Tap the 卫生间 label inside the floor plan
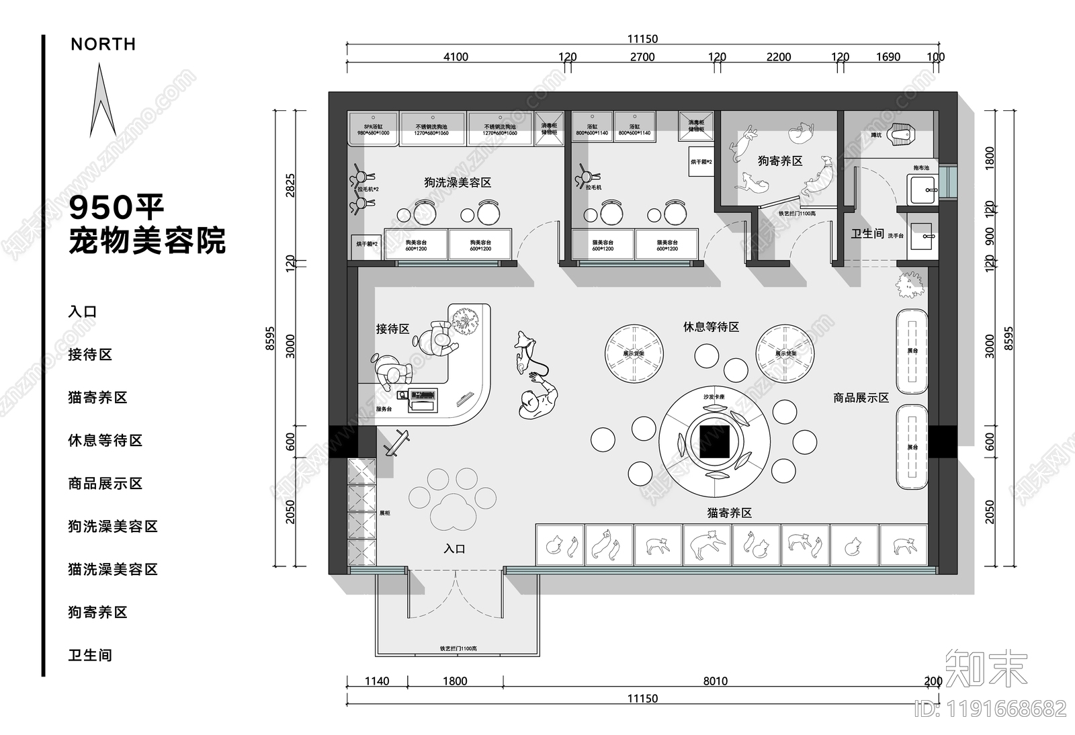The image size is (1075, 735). click(x=867, y=234)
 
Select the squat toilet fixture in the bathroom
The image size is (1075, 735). click(x=901, y=136)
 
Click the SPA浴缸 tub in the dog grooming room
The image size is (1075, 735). click(x=373, y=129)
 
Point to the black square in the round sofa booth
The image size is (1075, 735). click(x=714, y=442)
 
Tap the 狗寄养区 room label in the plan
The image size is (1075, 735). click(x=779, y=161)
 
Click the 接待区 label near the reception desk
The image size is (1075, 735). click(x=392, y=329)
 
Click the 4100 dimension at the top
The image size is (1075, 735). click(x=455, y=57)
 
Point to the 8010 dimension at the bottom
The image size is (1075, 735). click(x=715, y=681)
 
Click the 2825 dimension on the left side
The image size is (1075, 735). click(x=290, y=185)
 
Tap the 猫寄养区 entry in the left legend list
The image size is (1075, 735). click(x=97, y=397)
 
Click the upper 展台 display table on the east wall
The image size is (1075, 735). click(x=912, y=351)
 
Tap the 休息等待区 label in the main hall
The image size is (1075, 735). click(x=711, y=327)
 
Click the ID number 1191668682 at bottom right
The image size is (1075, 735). click(x=990, y=708)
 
